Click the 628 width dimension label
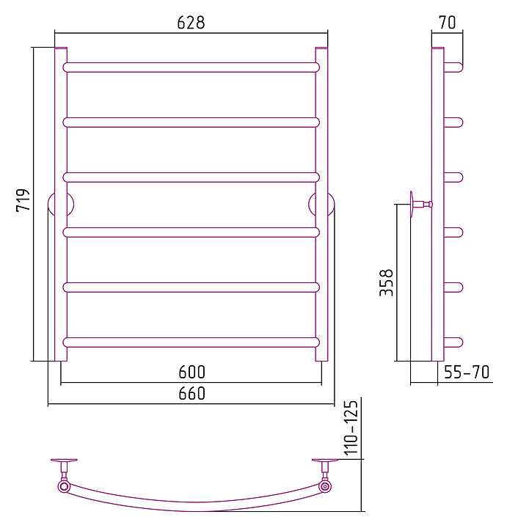(191, 23)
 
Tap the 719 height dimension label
(23, 200)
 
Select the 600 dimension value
(192, 372)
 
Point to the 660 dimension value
(192, 393)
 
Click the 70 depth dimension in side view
(447, 23)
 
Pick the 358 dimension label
(386, 283)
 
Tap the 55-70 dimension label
(467, 372)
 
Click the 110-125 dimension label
(351, 428)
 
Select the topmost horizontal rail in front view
(191, 67)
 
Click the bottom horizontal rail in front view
(191, 342)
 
